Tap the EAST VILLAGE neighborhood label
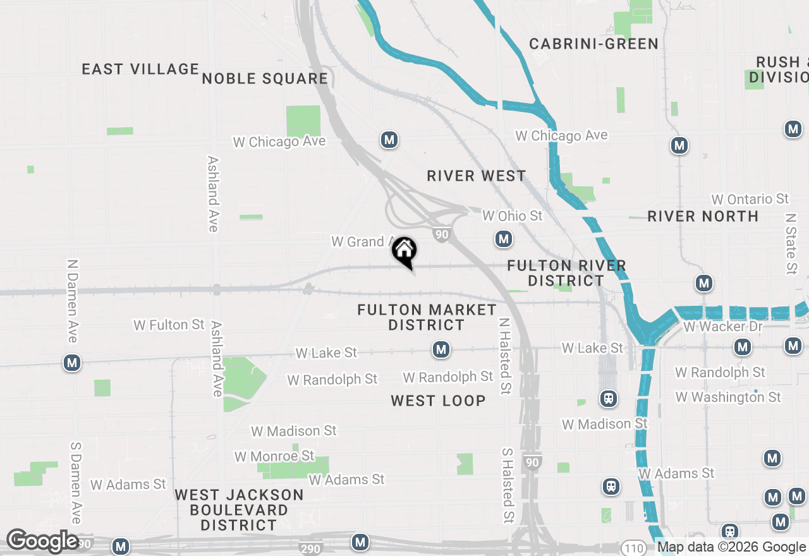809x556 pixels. click(x=140, y=69)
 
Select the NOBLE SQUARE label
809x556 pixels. click(x=265, y=78)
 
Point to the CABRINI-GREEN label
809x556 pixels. click(x=593, y=44)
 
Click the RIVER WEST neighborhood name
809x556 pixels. click(x=476, y=176)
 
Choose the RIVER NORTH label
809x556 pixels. click(x=703, y=216)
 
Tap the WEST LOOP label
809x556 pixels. click(x=438, y=401)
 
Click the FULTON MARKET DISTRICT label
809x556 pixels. click(x=427, y=317)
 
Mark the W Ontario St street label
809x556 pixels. click(x=750, y=199)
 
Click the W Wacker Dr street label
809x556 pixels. click(x=723, y=327)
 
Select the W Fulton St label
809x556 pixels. click(x=169, y=325)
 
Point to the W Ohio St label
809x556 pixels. click(x=512, y=216)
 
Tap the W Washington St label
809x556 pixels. click(x=728, y=397)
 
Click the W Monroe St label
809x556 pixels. click(x=274, y=456)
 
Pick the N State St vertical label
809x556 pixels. click(x=791, y=243)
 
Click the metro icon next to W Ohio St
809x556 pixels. click(x=503, y=239)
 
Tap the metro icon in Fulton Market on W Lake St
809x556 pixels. click(x=441, y=349)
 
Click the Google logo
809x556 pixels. click(x=42, y=541)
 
